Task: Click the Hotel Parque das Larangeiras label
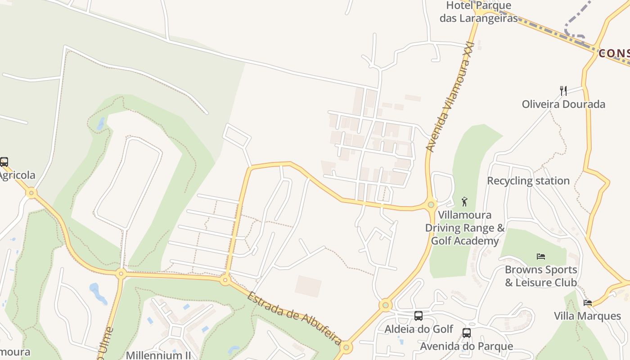pos(478,12)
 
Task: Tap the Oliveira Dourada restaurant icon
pos(563,90)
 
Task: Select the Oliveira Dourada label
pos(563,104)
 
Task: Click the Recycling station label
pos(528,181)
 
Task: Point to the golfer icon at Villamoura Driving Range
pos(465,201)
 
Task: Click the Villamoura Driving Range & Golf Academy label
pos(465,228)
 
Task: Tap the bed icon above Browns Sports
pos(541,256)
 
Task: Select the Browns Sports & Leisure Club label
pos(541,276)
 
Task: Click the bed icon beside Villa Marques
pos(588,303)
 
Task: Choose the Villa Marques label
pos(587,316)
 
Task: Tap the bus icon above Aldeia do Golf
pos(418,316)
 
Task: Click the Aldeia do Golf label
pos(418,329)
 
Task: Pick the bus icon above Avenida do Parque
pos(467,333)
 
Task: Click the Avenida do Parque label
pos(466,346)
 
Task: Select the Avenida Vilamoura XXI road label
pos(450,97)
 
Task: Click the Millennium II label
pos(158,355)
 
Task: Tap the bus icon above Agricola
pos(4,162)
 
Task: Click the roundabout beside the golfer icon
pos(431,205)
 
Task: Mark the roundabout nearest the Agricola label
pos(31,193)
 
